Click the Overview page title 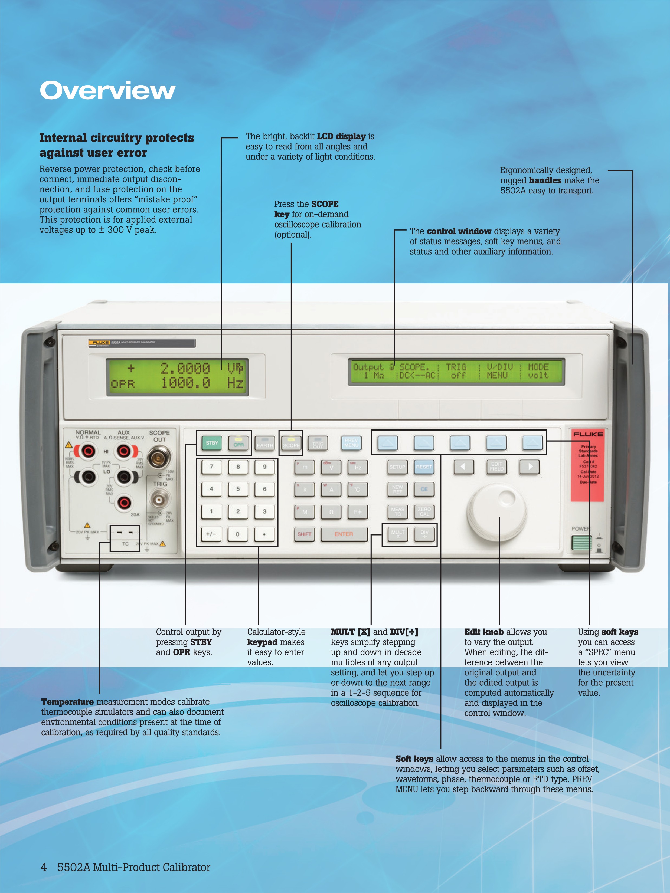coord(107,90)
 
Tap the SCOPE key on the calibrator coord(291,443)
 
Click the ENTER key coord(344,534)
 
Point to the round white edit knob coord(497,514)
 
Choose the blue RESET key coord(424,467)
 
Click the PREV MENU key coord(351,443)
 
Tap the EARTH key coord(265,444)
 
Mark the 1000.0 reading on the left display coord(186,383)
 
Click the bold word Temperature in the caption coord(67,702)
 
